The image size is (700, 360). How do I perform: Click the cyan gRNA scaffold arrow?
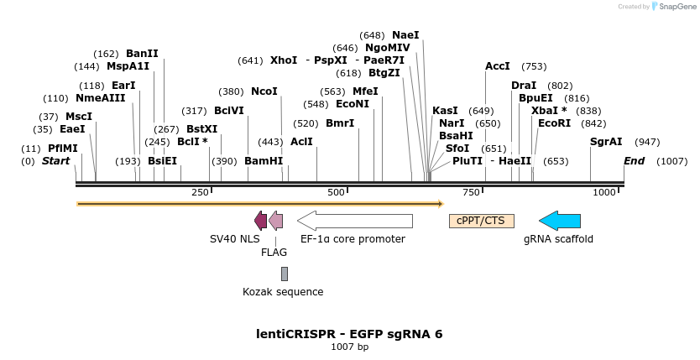click(x=560, y=221)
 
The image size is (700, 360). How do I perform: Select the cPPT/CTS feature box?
click(x=482, y=221)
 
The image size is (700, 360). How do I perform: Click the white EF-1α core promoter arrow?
click(x=355, y=221)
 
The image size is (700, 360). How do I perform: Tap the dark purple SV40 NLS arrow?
click(x=260, y=221)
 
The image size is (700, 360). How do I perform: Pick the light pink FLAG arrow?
click(x=275, y=221)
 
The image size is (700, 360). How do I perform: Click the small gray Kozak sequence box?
click(x=285, y=274)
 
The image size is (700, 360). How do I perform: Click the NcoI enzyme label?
click(x=264, y=91)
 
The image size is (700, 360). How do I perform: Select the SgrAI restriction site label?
click(x=606, y=142)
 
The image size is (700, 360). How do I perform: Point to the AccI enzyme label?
click(x=498, y=66)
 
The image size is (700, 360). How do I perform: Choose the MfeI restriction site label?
click(x=365, y=91)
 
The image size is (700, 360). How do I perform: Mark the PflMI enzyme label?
click(x=63, y=149)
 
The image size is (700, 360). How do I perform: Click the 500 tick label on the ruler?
click(x=337, y=193)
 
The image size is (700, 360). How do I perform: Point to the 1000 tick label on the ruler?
click(x=604, y=193)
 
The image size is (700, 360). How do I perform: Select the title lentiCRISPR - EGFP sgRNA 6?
click(x=349, y=333)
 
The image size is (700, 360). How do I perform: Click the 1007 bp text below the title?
click(x=349, y=347)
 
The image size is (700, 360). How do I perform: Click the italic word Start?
click(x=56, y=161)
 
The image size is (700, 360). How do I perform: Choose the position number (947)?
click(x=647, y=142)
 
